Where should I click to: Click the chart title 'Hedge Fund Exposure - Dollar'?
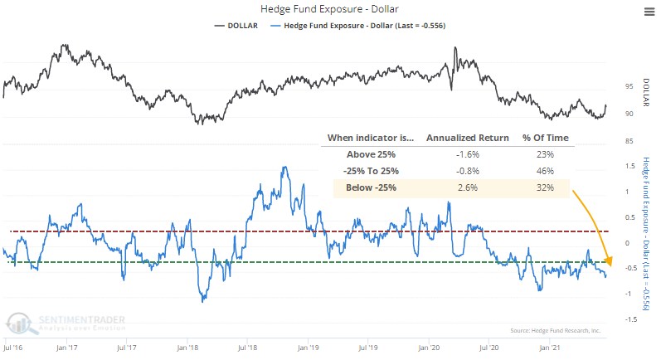[x=330, y=10]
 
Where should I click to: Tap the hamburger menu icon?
[x=647, y=11]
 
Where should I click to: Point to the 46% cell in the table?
[x=540, y=171]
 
